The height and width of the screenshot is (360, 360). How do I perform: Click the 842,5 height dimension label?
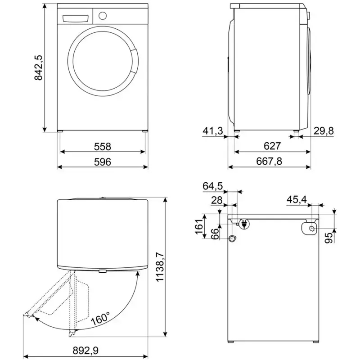[x=38, y=67]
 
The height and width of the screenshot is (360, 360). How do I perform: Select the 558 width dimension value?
[x=103, y=147]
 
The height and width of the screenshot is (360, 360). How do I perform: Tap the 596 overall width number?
[x=103, y=162]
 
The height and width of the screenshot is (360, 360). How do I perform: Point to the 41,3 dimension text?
[x=213, y=131]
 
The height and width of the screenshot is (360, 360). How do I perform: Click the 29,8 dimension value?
[x=324, y=131]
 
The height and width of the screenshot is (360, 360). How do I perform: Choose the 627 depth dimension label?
[x=272, y=146]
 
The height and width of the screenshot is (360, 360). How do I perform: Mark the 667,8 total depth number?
[x=269, y=162]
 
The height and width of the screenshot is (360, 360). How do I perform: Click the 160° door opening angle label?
[x=100, y=319]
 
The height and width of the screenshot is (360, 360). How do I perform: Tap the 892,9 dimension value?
[x=85, y=351]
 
